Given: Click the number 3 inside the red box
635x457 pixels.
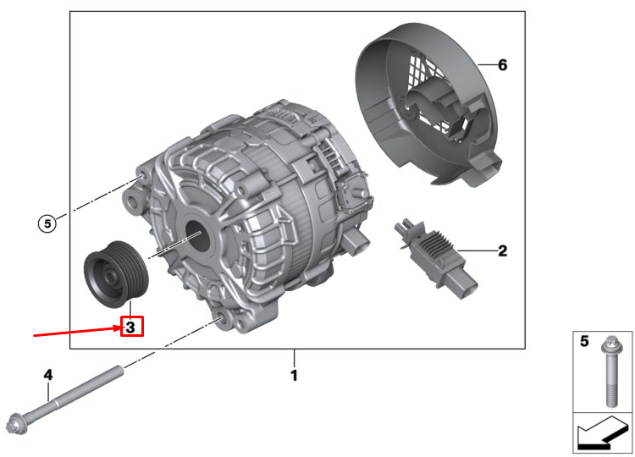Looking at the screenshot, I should (x=131, y=325).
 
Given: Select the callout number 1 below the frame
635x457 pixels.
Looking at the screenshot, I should (x=294, y=375).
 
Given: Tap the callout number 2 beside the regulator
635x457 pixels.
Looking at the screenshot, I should (x=502, y=251).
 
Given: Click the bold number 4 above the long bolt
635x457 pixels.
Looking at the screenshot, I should (x=48, y=374).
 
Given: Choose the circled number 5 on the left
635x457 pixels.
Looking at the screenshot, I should (x=48, y=223).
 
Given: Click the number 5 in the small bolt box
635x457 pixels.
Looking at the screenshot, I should (x=584, y=341).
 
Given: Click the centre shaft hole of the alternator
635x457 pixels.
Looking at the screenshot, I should (x=194, y=234).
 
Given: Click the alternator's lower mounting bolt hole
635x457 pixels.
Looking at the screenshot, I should (x=221, y=319).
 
